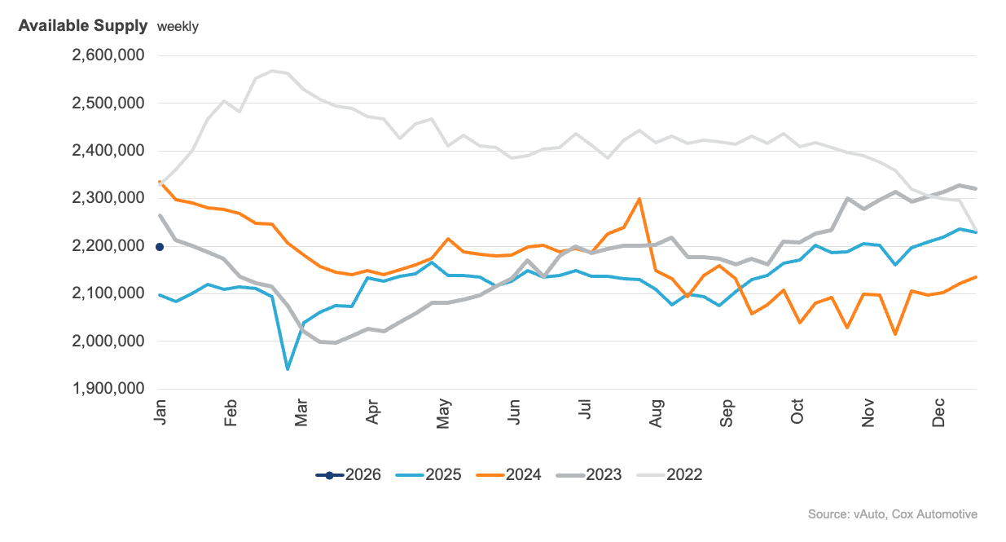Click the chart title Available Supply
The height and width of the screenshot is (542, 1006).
(x=82, y=25)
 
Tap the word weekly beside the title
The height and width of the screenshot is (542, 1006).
(x=178, y=26)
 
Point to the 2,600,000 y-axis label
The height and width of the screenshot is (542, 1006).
(x=108, y=55)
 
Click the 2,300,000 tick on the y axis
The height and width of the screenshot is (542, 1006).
(x=108, y=198)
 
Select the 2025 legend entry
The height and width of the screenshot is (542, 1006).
(x=428, y=474)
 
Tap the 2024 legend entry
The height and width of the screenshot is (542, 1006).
(x=508, y=474)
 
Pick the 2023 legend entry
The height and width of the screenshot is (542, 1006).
(x=588, y=474)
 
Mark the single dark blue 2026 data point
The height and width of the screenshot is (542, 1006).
(x=160, y=246)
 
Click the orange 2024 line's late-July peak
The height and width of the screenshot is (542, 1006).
(x=639, y=198)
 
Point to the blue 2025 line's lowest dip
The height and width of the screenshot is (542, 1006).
(x=288, y=369)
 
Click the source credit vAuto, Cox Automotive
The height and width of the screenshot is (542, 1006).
(x=892, y=514)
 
